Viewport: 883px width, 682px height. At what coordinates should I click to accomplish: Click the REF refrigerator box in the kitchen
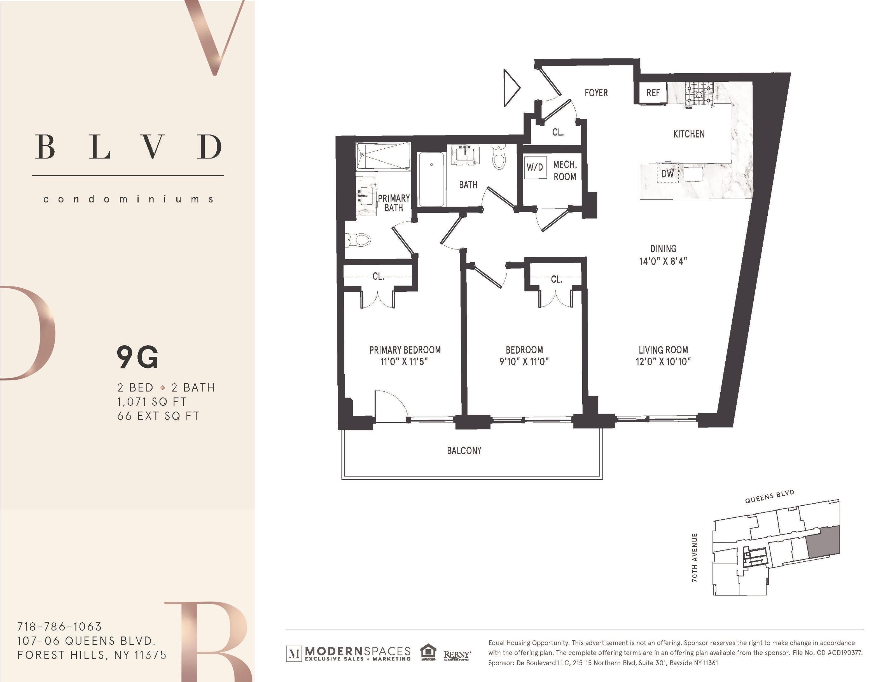coord(653,93)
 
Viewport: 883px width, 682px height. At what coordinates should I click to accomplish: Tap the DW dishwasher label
coord(668,174)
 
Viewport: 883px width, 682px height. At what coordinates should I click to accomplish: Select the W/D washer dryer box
coord(535,167)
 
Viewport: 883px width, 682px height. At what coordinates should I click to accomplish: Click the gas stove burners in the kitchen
coord(698,94)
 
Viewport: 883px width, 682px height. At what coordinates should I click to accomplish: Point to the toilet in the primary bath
coord(359,240)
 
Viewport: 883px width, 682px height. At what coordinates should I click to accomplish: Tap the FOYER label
coord(596,93)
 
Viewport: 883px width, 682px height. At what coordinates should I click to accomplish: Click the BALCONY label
coord(464,451)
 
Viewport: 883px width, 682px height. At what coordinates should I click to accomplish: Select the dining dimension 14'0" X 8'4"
coord(663,261)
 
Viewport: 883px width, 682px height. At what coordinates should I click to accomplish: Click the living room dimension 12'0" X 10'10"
coord(663,362)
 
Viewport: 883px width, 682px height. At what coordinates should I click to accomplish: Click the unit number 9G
coord(137,357)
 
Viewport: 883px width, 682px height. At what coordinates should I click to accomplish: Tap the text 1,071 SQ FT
coord(152,402)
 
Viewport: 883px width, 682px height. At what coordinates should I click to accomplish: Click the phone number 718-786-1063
coord(59,627)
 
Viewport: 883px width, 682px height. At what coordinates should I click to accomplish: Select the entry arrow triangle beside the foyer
coord(511,88)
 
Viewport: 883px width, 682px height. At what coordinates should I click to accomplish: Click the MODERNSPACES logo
coord(348,653)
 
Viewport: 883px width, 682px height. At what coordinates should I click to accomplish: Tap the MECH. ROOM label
coord(565,170)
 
